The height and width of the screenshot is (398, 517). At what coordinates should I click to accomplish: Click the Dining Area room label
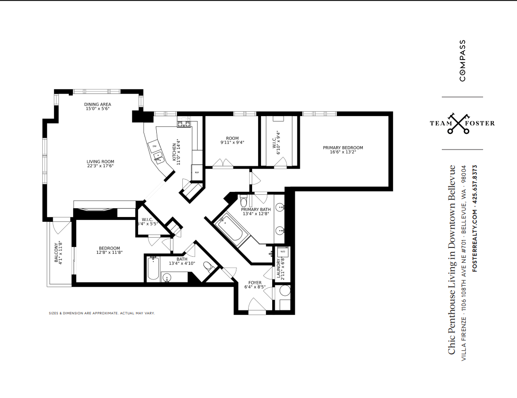coord(98,104)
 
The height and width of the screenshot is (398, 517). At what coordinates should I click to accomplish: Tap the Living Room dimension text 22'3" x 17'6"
coord(100,166)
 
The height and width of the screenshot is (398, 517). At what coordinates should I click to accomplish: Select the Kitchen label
coord(174,152)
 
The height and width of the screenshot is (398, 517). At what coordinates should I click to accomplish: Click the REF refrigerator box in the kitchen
coord(197,172)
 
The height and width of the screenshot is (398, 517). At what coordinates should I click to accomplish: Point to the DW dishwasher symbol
coord(154,146)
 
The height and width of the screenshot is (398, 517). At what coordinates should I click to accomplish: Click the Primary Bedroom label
coord(343,148)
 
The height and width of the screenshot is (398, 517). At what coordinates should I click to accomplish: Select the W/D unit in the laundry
coord(283,252)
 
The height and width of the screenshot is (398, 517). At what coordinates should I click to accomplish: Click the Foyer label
coord(255,282)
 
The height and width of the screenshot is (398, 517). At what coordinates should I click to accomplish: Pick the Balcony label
coord(56,253)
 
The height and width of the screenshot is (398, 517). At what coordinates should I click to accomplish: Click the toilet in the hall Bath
coord(208,266)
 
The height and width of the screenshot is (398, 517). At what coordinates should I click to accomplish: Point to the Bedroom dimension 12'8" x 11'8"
coord(110,252)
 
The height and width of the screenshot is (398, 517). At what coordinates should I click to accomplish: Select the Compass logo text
coord(462,61)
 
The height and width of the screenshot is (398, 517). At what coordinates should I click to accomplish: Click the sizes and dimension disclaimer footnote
coord(102,313)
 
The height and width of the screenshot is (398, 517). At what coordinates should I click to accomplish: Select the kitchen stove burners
coord(184,124)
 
